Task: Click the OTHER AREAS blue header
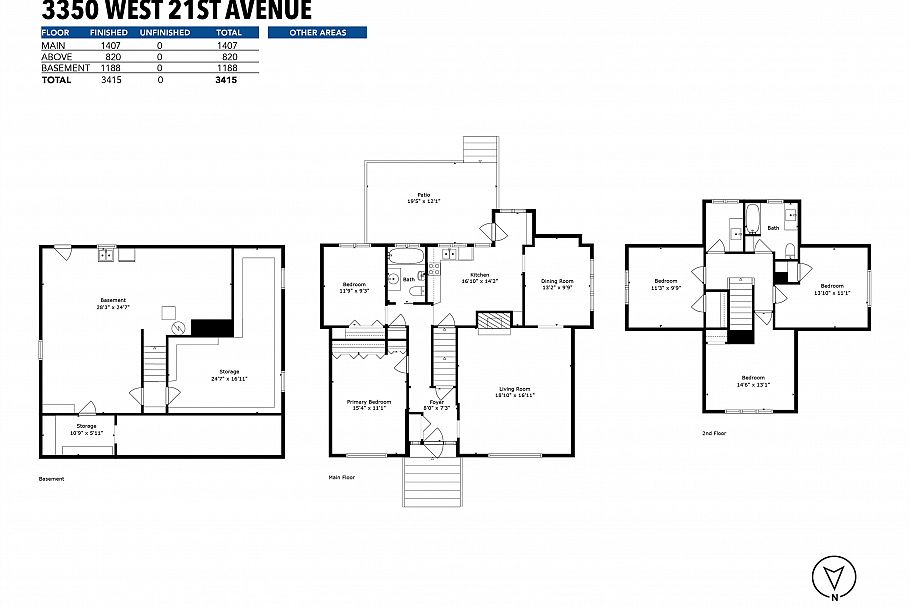point(317,33)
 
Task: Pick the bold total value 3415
point(225,80)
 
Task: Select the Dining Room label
point(557,284)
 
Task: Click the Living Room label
point(515,392)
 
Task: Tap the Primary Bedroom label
point(368,404)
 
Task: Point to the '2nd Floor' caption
point(715,434)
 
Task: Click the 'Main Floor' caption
point(341,478)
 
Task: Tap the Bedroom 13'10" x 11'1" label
point(830,289)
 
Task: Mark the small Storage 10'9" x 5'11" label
point(79,429)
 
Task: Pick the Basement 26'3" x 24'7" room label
point(113,304)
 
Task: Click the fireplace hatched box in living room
point(492,321)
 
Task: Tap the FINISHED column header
point(109,33)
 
